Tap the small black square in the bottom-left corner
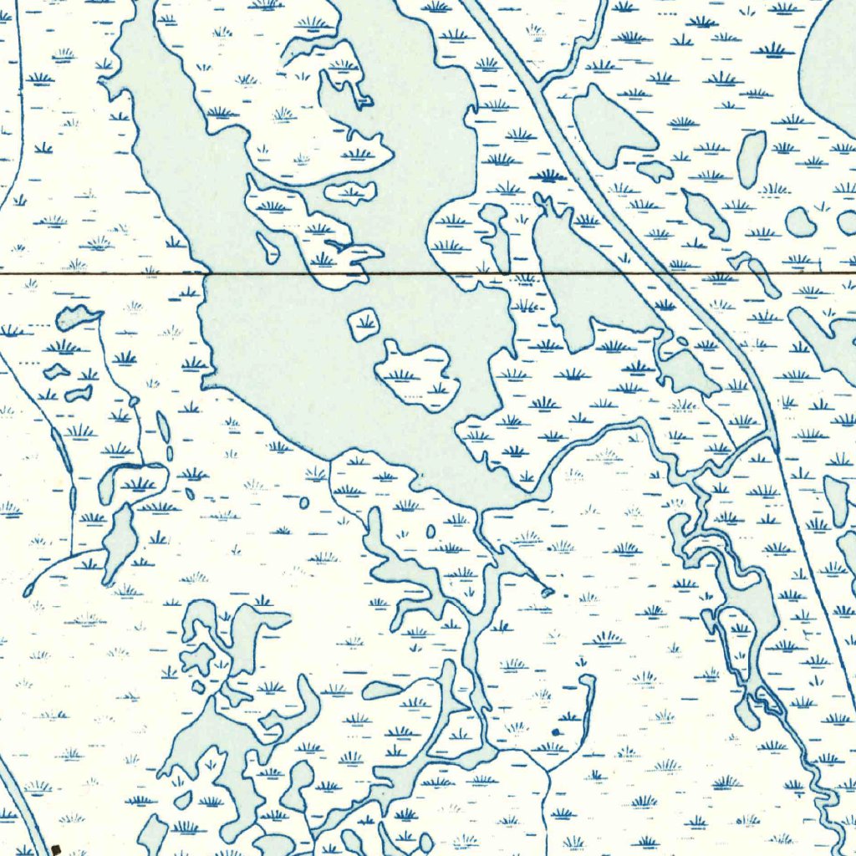56,849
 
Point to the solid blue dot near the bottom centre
556,732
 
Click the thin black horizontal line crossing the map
100,273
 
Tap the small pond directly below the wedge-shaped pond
655,171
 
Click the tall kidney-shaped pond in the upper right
752,159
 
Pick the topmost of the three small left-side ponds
78,317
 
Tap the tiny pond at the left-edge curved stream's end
28,590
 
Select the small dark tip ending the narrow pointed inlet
548,592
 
